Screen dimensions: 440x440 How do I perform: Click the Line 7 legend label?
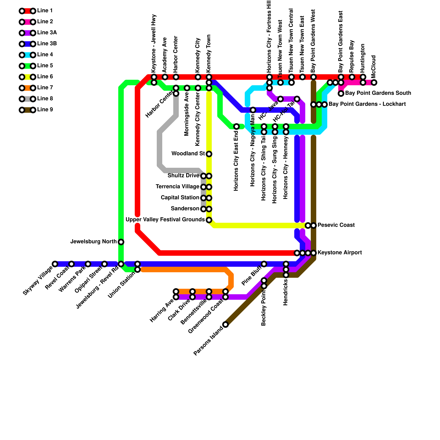pyautogui.click(x=45, y=88)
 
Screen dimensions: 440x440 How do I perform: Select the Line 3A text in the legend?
pyautogui.click(x=47, y=33)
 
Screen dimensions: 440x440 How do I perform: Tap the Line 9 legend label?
pyautogui.click(x=45, y=110)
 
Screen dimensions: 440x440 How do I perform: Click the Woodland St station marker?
pyautogui.click(x=209, y=154)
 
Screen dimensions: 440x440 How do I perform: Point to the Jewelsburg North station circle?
pyautogui.click(x=121, y=242)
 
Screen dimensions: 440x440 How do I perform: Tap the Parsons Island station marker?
pyautogui.click(x=226, y=324)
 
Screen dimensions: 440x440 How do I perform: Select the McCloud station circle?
pyautogui.click(x=374, y=82)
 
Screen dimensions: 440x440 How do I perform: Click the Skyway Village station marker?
pyautogui.click(x=55, y=264)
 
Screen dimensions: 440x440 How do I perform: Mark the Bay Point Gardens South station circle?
pyautogui.click(x=341, y=94)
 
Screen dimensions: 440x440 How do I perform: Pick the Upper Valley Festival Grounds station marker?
pyautogui.click(x=209, y=220)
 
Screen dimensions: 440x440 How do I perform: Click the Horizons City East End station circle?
pyautogui.click(x=237, y=127)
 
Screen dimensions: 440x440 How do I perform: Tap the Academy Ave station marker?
pyautogui.click(x=165, y=77)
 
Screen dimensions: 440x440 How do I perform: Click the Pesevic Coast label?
pyautogui.click(x=336, y=225)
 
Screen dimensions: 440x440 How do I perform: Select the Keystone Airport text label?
pyautogui.click(x=340, y=253)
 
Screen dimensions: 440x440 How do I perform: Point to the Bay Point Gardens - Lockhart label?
pyautogui.click(x=367, y=104)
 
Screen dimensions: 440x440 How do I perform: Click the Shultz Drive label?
pyautogui.click(x=183, y=176)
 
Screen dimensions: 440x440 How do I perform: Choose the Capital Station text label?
pyautogui.click(x=180, y=198)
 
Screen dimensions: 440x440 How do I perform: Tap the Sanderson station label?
pyautogui.click(x=185, y=209)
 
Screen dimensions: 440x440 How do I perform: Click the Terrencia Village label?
pyautogui.click(x=177, y=187)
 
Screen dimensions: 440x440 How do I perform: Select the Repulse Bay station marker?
pyautogui.click(x=352, y=77)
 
